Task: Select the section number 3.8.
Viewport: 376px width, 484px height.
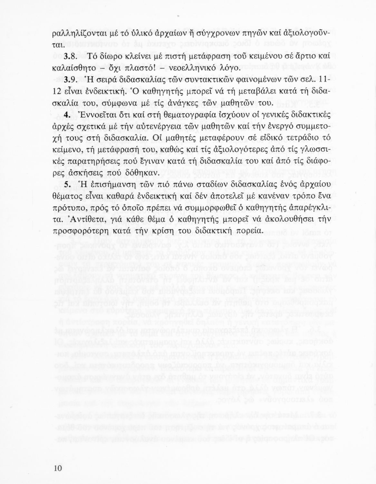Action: (x=70, y=57)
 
